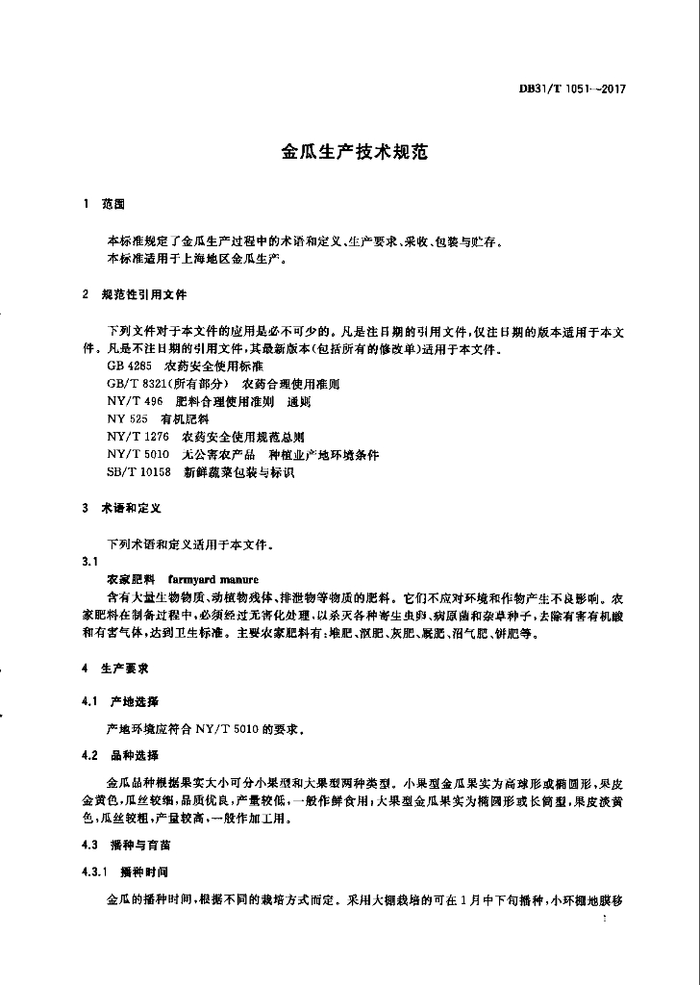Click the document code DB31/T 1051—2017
tap(572, 88)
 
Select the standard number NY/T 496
tap(134, 402)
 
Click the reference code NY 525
tap(126, 419)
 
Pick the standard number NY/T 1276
tap(138, 437)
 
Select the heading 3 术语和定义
tap(121, 507)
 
